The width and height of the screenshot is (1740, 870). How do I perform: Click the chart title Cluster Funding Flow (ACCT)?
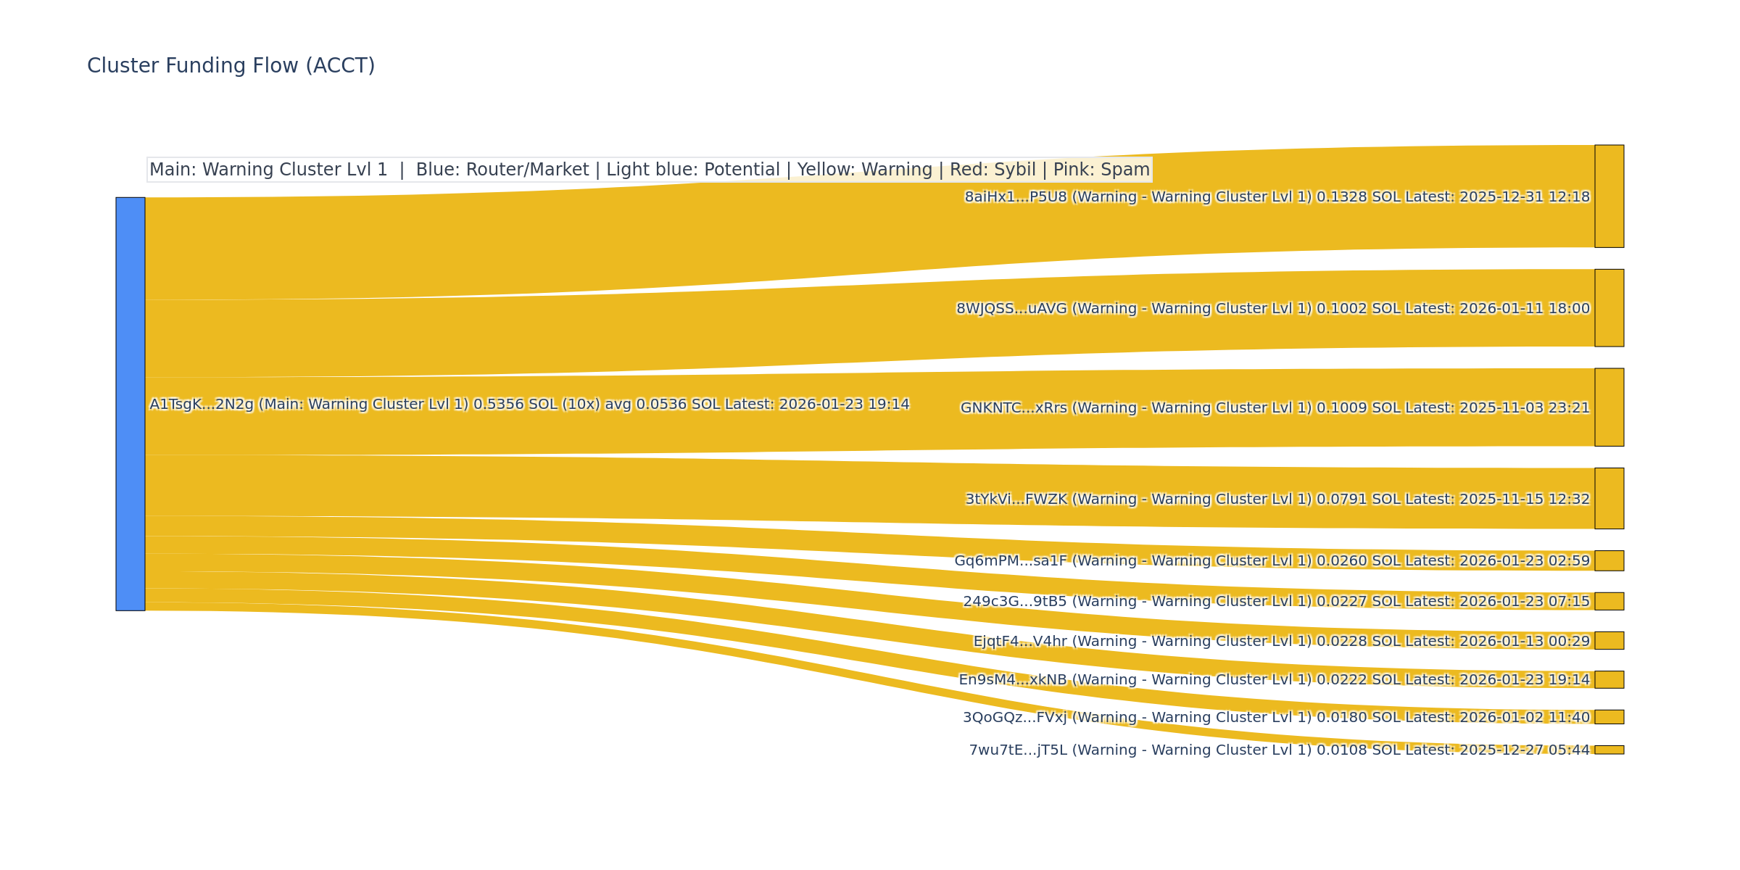(x=231, y=66)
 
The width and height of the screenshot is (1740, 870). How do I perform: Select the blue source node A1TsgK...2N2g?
(x=130, y=404)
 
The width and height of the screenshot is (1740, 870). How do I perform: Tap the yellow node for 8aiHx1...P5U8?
(x=1609, y=196)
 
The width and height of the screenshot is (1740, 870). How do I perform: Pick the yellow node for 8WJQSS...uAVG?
(x=1609, y=308)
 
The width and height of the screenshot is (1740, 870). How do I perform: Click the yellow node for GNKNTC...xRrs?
(x=1609, y=407)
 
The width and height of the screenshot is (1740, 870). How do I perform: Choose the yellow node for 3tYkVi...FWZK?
(x=1609, y=498)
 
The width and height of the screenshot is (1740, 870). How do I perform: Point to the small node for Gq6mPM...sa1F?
(x=1609, y=560)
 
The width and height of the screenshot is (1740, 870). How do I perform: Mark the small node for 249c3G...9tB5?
(x=1609, y=601)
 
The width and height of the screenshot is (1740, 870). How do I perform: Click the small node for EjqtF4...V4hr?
(x=1609, y=640)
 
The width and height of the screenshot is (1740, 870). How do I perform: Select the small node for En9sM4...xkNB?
(x=1609, y=679)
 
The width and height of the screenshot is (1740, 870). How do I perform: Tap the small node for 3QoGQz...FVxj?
(x=1609, y=717)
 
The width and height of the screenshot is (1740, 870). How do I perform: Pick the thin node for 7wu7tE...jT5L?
(x=1609, y=750)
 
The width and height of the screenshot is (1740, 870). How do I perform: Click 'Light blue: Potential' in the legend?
(x=692, y=170)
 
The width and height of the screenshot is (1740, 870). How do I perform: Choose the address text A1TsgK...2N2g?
(x=202, y=405)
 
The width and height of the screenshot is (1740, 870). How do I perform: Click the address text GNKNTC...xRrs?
(x=1014, y=408)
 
